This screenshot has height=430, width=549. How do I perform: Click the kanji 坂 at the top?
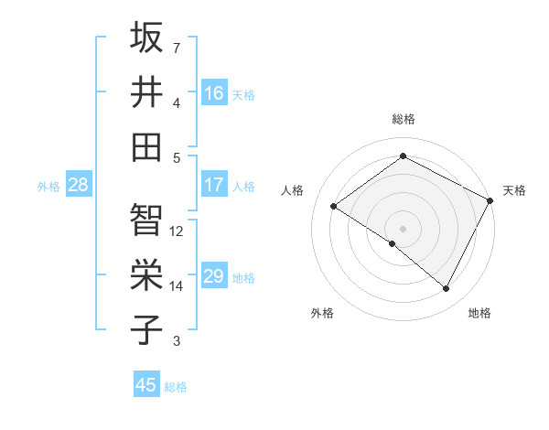pos(146,38)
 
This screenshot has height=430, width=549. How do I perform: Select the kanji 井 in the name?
pos(146,91)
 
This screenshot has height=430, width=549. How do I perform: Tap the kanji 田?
pos(146,146)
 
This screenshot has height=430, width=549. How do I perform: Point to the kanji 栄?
pos(146,274)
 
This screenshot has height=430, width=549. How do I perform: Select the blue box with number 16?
pos(214,93)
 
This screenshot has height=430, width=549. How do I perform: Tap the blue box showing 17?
pos(214,185)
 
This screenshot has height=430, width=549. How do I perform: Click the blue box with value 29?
pos(214,276)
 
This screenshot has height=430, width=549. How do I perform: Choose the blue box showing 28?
pos(79,185)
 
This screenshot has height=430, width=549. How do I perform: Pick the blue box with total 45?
pos(146,385)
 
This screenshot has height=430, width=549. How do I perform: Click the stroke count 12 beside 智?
pos(178,231)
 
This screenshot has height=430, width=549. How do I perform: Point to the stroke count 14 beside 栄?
pos(178,286)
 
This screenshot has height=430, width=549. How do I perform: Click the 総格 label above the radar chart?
pos(403,119)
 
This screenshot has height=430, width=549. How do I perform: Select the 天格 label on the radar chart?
pos(514,190)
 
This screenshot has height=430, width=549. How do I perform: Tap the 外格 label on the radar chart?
pos(322,313)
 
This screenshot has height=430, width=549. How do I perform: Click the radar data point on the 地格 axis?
pos(447,288)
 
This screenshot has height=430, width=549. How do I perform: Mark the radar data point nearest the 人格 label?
pos(333,206)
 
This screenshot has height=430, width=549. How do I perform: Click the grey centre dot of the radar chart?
pos(403,228)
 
